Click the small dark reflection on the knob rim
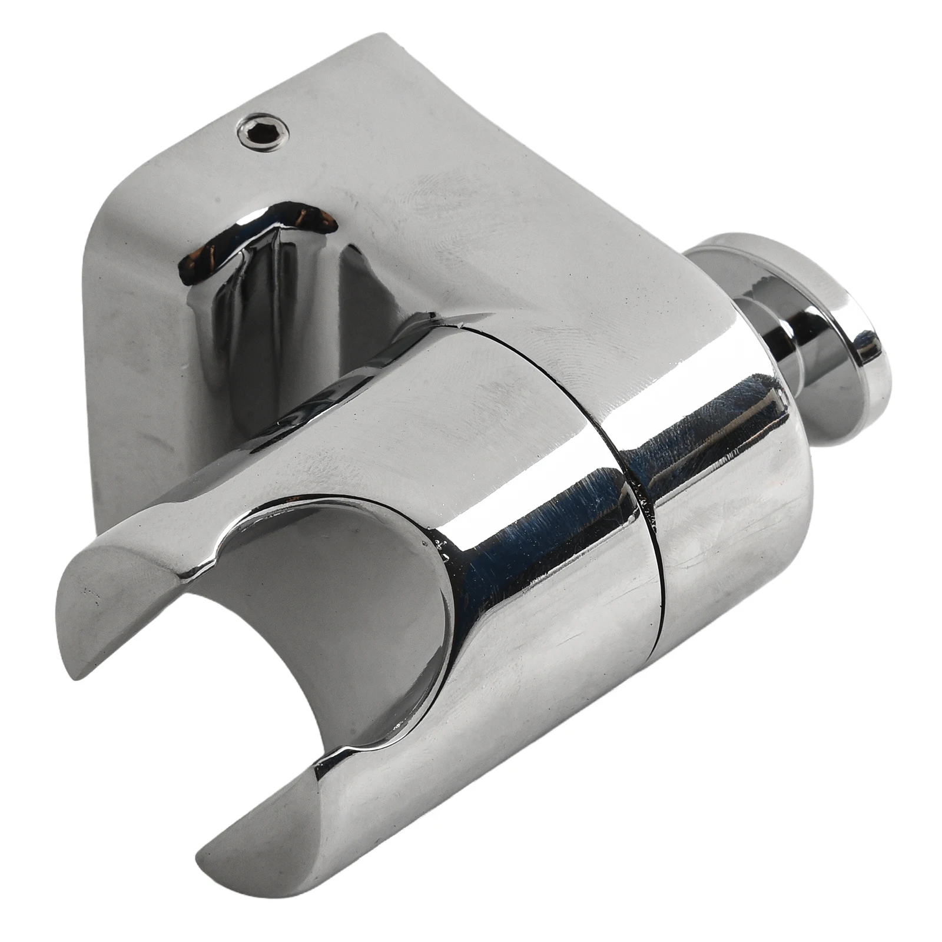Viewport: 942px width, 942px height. [x=865, y=341]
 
